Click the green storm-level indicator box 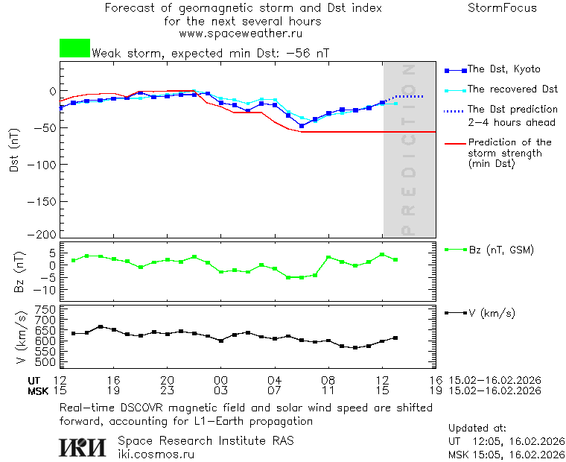tap(74, 48)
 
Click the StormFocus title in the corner tap(502, 9)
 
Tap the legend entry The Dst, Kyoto tap(503, 69)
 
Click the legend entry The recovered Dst tap(512, 89)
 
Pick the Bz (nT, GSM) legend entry tap(500, 250)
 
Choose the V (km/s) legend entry tap(491, 313)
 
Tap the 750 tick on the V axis tap(47, 309)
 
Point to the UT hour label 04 tap(274, 379)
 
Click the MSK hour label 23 tap(167, 390)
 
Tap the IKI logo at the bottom tap(83, 447)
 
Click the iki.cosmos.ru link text tap(156, 455)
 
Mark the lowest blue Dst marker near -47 tap(302, 126)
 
